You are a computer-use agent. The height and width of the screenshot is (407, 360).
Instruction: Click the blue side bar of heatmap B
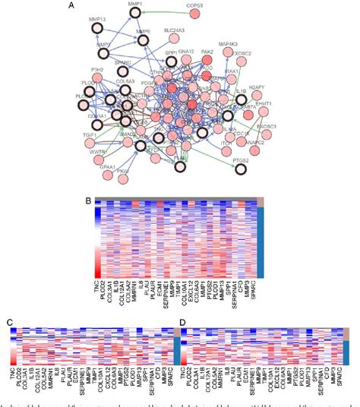261,243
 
